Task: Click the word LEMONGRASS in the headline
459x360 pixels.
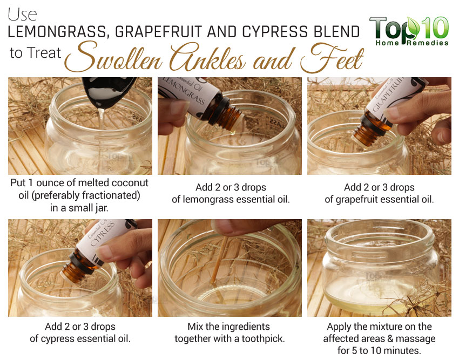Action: pyautogui.click(x=57, y=32)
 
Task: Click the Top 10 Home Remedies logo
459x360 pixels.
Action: pyautogui.click(x=409, y=31)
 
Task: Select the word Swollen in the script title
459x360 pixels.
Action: pyautogui.click(x=113, y=57)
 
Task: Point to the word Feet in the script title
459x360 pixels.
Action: pyautogui.click(x=332, y=58)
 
